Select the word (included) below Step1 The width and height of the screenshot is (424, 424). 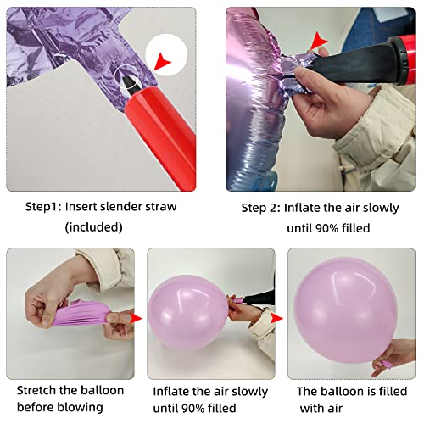[94, 227]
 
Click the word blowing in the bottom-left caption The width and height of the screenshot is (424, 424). [80, 408]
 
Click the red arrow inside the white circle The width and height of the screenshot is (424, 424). [162, 61]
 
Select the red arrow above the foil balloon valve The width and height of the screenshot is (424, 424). [319, 42]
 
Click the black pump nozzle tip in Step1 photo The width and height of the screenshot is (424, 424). [130, 82]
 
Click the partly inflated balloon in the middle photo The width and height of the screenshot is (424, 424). [188, 313]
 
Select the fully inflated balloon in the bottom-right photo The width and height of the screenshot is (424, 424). [345, 310]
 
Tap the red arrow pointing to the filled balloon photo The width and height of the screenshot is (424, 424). [276, 318]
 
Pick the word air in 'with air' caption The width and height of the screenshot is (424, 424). [335, 409]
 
